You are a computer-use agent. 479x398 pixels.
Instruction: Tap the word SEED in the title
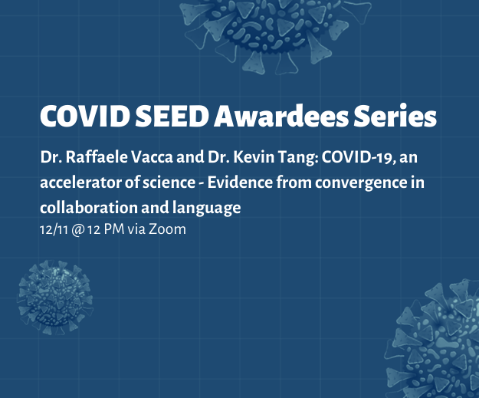[x=172, y=116]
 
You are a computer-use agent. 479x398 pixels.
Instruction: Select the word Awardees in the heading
[x=281, y=116]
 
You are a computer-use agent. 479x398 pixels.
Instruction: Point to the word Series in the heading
[x=395, y=116]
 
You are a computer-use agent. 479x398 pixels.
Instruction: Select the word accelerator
[x=80, y=183]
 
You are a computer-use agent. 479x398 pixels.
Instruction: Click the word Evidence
[x=240, y=183]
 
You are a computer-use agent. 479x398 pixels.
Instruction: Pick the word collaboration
[x=89, y=208]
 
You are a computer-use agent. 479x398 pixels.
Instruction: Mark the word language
[x=206, y=209]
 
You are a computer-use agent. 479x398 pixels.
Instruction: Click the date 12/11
[x=54, y=229]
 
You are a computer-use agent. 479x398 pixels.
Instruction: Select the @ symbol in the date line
[x=77, y=230]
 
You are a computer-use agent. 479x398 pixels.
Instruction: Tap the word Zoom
[x=167, y=229]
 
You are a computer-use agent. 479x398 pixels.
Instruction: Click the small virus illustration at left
[x=55, y=297]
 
